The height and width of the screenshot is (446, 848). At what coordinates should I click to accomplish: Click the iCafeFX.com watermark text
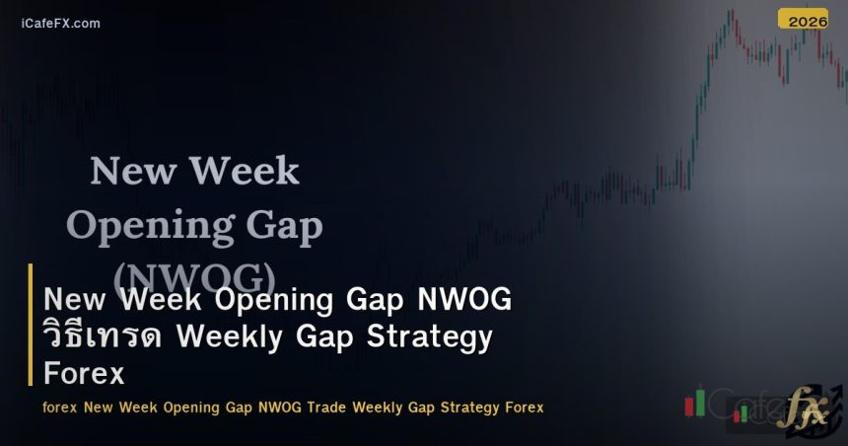(x=60, y=23)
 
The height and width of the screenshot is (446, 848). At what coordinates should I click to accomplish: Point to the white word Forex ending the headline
(x=84, y=374)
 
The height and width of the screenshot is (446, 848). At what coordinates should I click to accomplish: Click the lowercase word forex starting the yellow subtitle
(x=60, y=407)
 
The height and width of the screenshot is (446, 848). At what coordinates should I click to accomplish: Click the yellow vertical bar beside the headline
(x=31, y=325)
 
